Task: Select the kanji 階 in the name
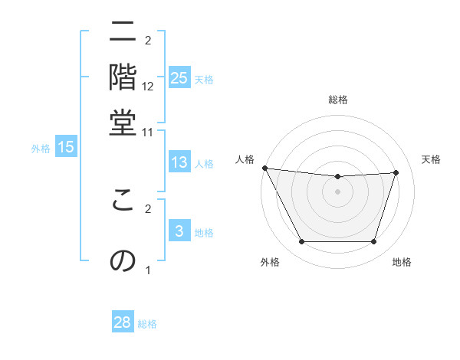coord(123,77)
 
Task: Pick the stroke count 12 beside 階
coord(148,87)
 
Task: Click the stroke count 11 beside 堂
coord(148,132)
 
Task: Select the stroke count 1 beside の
coord(148,270)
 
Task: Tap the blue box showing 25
coord(179,77)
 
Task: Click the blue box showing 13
coord(179,162)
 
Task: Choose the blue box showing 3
coord(179,231)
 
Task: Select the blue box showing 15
coord(66,147)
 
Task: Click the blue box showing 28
coord(123,322)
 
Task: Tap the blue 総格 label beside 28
coord(147,324)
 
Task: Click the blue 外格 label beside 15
coord(41,148)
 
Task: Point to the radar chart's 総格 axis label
coord(338,100)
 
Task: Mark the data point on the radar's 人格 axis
coord(265,168)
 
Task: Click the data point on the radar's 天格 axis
coord(396,172)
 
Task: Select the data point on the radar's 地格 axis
coord(374,242)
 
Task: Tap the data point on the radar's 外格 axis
coord(301,242)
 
